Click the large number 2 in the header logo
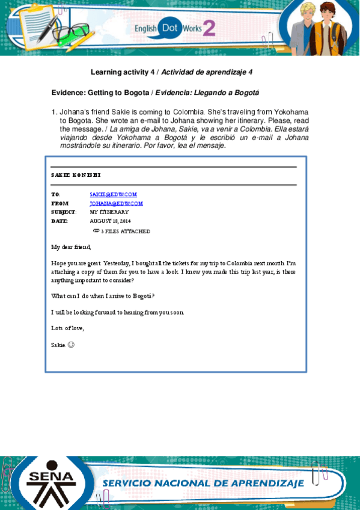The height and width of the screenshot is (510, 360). [209, 27]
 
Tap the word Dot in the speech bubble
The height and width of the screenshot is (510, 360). [171, 28]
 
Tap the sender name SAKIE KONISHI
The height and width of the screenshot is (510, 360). [76, 175]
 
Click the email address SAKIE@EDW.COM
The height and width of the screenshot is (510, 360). [113, 194]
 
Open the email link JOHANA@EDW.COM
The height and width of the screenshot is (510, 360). [116, 203]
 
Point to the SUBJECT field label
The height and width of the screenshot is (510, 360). [64, 212]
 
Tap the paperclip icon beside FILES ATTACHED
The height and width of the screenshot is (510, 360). [96, 230]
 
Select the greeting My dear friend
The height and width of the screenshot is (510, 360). [71, 247]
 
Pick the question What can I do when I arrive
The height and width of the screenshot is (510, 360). [103, 296]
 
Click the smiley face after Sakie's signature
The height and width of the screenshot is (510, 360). [71, 345]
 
